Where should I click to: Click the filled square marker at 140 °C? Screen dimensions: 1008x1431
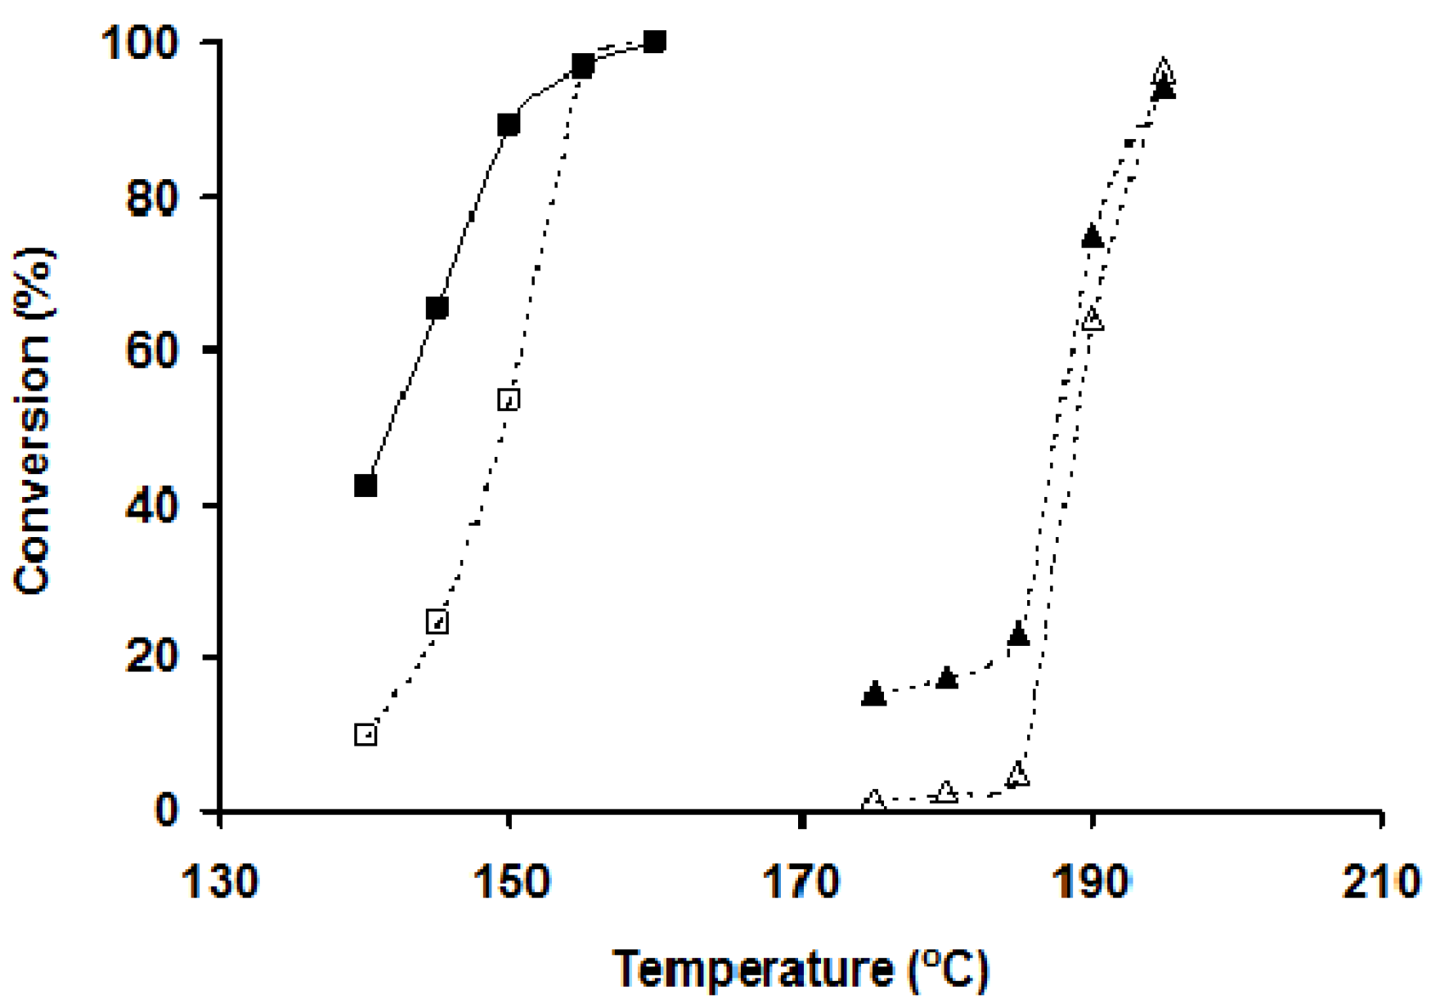tap(366, 486)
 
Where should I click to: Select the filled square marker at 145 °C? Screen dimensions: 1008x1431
tap(437, 308)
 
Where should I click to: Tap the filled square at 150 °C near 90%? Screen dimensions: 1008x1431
tap(509, 125)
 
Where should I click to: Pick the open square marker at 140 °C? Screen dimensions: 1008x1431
tap(366, 734)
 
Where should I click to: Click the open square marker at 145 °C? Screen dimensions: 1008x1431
tap(437, 622)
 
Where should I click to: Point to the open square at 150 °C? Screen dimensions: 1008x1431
tap(509, 400)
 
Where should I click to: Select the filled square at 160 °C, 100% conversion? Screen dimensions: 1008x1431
tap(654, 41)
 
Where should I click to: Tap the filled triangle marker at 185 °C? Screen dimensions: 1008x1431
tap(1018, 634)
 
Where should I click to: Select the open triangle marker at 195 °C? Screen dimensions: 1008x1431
tap(1164, 70)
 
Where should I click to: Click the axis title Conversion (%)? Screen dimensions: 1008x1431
tap(34, 421)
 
